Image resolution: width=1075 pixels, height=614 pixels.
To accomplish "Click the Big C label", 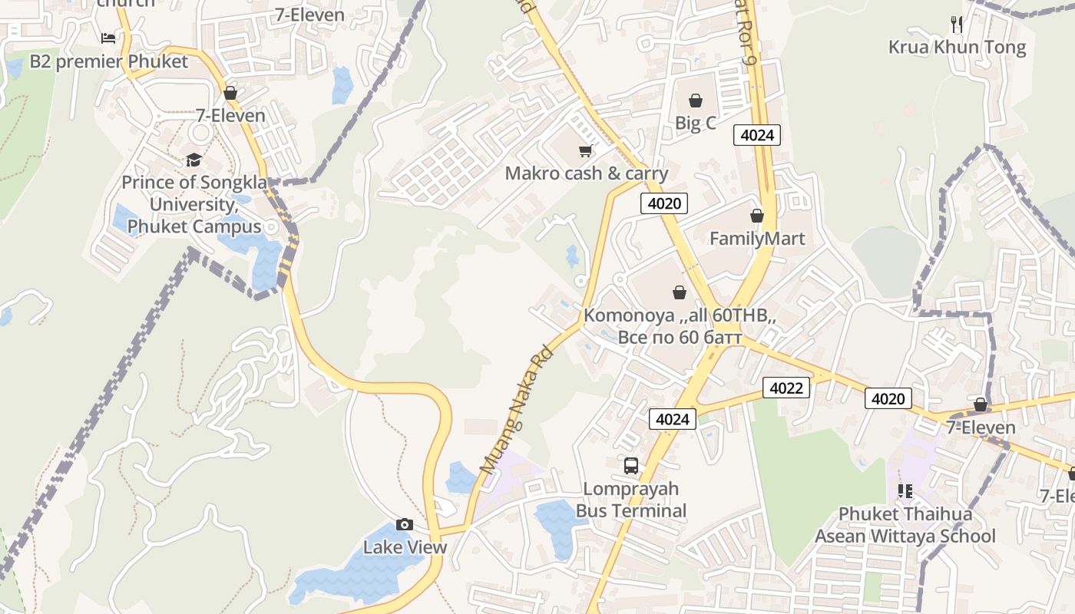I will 695,123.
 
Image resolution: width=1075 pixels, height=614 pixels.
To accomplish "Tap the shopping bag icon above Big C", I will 695,101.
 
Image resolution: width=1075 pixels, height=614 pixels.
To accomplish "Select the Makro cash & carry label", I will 586,173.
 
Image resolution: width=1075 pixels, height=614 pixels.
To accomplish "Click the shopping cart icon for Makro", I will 586,150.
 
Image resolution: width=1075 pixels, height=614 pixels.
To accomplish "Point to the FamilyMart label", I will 756,239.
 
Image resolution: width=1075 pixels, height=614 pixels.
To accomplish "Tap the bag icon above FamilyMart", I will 757,216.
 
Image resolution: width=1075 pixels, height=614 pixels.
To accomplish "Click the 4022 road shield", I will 786,388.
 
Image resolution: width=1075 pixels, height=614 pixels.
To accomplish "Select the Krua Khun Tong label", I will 957,48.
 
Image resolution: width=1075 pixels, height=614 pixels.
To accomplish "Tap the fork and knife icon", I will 957,24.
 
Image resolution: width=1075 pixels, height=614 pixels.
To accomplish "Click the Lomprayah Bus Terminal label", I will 631,500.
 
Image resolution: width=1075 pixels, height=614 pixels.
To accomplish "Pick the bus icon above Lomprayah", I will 631,465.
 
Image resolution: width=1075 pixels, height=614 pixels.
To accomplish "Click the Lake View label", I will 405,547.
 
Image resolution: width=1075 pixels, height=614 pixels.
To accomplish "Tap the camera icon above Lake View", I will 405,525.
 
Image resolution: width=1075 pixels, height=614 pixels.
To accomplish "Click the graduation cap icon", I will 193,160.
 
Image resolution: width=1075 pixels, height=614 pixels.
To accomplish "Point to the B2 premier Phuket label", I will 108,61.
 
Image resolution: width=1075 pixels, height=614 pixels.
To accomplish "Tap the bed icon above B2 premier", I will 108,38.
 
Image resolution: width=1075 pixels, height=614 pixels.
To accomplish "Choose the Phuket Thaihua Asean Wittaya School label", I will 905,525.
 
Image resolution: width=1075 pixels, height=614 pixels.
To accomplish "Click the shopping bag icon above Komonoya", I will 679,292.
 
